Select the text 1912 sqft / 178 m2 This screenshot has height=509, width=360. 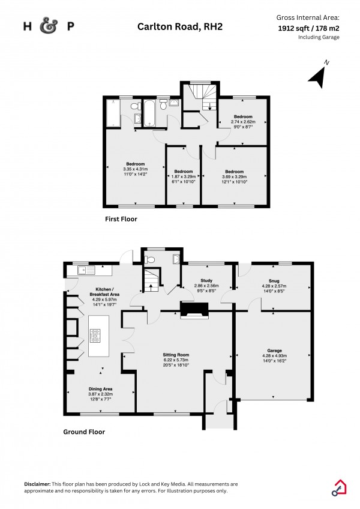tap(308, 28)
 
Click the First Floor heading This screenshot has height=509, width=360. tap(121, 219)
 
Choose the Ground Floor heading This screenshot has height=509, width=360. tap(84, 431)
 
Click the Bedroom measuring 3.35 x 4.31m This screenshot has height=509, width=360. tap(135, 168)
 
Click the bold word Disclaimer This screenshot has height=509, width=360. tap(38, 484)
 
